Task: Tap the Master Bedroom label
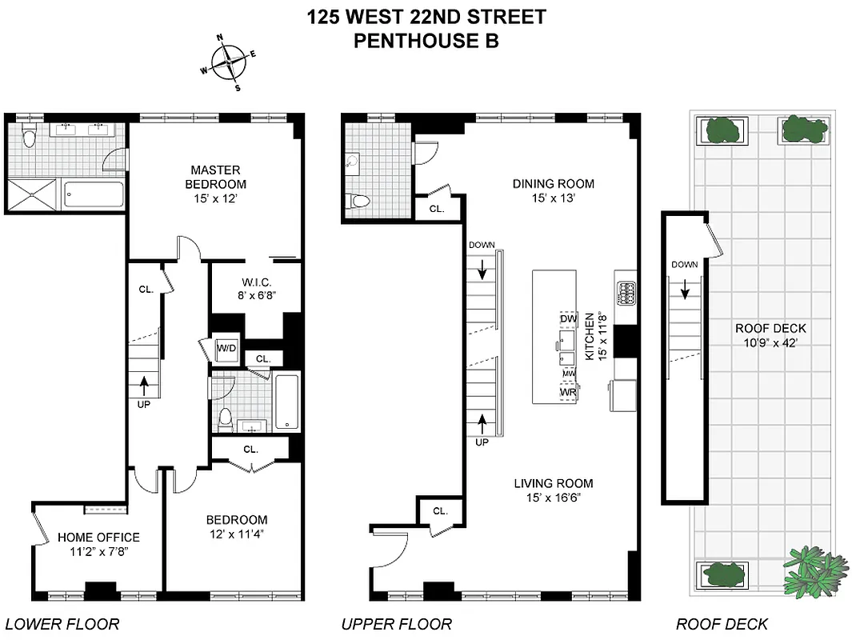215,177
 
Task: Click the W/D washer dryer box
226,349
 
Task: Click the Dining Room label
553,183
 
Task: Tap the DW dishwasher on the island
568,319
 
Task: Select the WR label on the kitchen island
568,393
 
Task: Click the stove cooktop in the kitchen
625,293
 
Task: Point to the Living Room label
553,483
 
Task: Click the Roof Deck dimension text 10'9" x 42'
770,343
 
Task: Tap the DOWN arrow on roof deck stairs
685,290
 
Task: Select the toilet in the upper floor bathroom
359,202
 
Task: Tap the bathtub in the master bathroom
94,195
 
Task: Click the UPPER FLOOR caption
396,624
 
